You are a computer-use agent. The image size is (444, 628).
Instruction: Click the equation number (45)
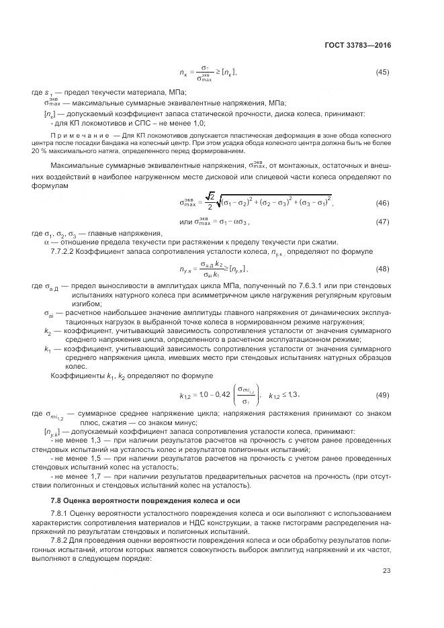pos(382,72)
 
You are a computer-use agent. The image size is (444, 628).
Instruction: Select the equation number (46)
pos(382,203)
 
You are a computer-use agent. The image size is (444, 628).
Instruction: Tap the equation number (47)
pos(382,222)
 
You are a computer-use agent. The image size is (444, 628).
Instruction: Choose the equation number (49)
pos(382,394)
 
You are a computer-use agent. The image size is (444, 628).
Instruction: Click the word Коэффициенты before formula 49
pos(75,375)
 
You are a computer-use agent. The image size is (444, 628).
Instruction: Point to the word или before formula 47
pos(186,222)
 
